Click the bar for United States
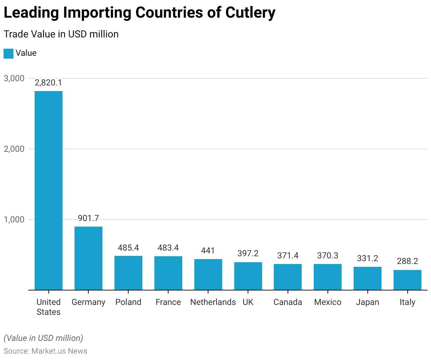(48, 191)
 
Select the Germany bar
(88, 258)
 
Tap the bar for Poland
(128, 273)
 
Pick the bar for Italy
(407, 280)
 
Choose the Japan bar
(367, 278)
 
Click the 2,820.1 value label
(48, 83)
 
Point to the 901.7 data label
(88, 218)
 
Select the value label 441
(208, 251)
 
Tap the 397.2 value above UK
(248, 254)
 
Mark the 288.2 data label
(407, 262)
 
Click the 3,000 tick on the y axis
(14, 78)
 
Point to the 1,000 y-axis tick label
(14, 220)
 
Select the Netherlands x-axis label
(213, 302)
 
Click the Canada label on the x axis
(288, 302)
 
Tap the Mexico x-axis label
(328, 302)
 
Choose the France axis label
(168, 302)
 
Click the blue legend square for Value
(8, 54)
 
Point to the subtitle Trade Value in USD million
(61, 34)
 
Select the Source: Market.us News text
(46, 351)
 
